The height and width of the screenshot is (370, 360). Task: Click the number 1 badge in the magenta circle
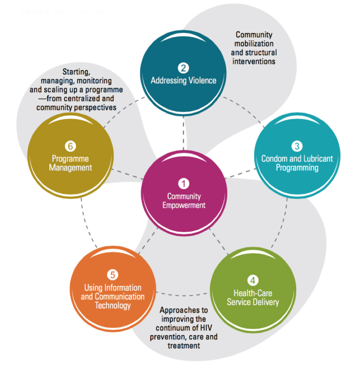(184, 183)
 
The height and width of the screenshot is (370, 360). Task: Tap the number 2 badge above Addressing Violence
(184, 67)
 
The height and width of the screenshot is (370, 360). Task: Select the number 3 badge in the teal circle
(297, 146)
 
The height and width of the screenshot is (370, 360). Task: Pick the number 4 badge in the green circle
(253, 280)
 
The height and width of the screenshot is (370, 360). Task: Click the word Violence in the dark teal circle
(201, 81)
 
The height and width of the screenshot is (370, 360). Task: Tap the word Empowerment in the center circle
(184, 205)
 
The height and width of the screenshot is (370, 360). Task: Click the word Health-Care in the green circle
(253, 293)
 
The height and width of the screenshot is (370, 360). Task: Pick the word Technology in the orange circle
(113, 306)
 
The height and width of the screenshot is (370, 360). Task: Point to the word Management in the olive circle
(72, 168)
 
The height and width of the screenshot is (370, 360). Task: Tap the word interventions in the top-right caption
(254, 61)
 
